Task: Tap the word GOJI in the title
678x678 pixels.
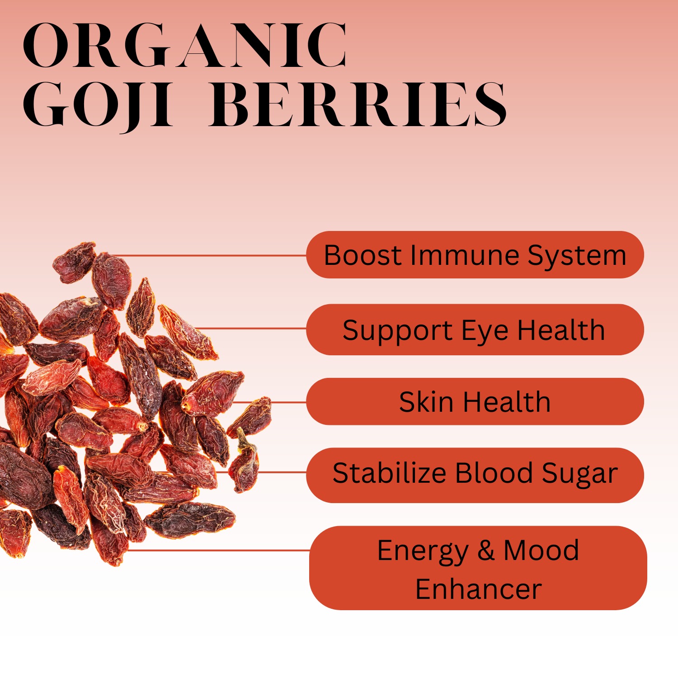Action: click(x=98, y=105)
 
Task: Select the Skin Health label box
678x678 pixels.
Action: click(x=475, y=402)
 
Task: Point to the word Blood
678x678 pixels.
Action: click(x=494, y=473)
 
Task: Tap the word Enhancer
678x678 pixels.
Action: click(x=478, y=589)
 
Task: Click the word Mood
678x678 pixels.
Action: click(x=541, y=551)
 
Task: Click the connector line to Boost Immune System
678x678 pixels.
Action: click(x=208, y=255)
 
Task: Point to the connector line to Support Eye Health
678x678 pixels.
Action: click(x=253, y=329)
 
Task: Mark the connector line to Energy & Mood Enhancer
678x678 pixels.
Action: click(x=217, y=551)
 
